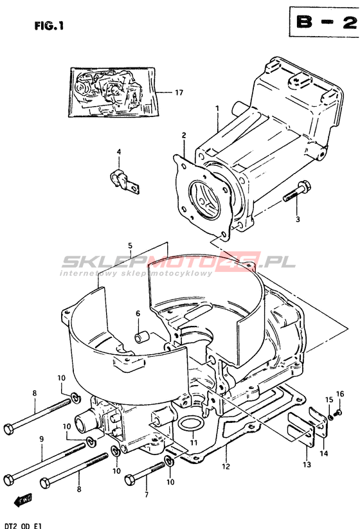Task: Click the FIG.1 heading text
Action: pos(50,26)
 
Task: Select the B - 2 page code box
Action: pos(325,22)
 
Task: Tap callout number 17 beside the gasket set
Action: pos(179,92)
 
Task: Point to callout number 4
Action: pos(119,152)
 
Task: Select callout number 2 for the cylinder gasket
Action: pos(184,136)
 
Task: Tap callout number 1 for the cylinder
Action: pos(218,108)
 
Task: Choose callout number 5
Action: pos(130,246)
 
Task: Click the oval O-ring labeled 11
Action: pos(191,424)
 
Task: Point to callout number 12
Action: pos(226,467)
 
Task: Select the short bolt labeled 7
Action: pos(145,472)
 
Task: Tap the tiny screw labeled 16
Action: pos(337,412)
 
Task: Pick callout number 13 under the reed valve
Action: pos(307,465)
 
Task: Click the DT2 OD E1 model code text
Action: pos(22,526)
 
